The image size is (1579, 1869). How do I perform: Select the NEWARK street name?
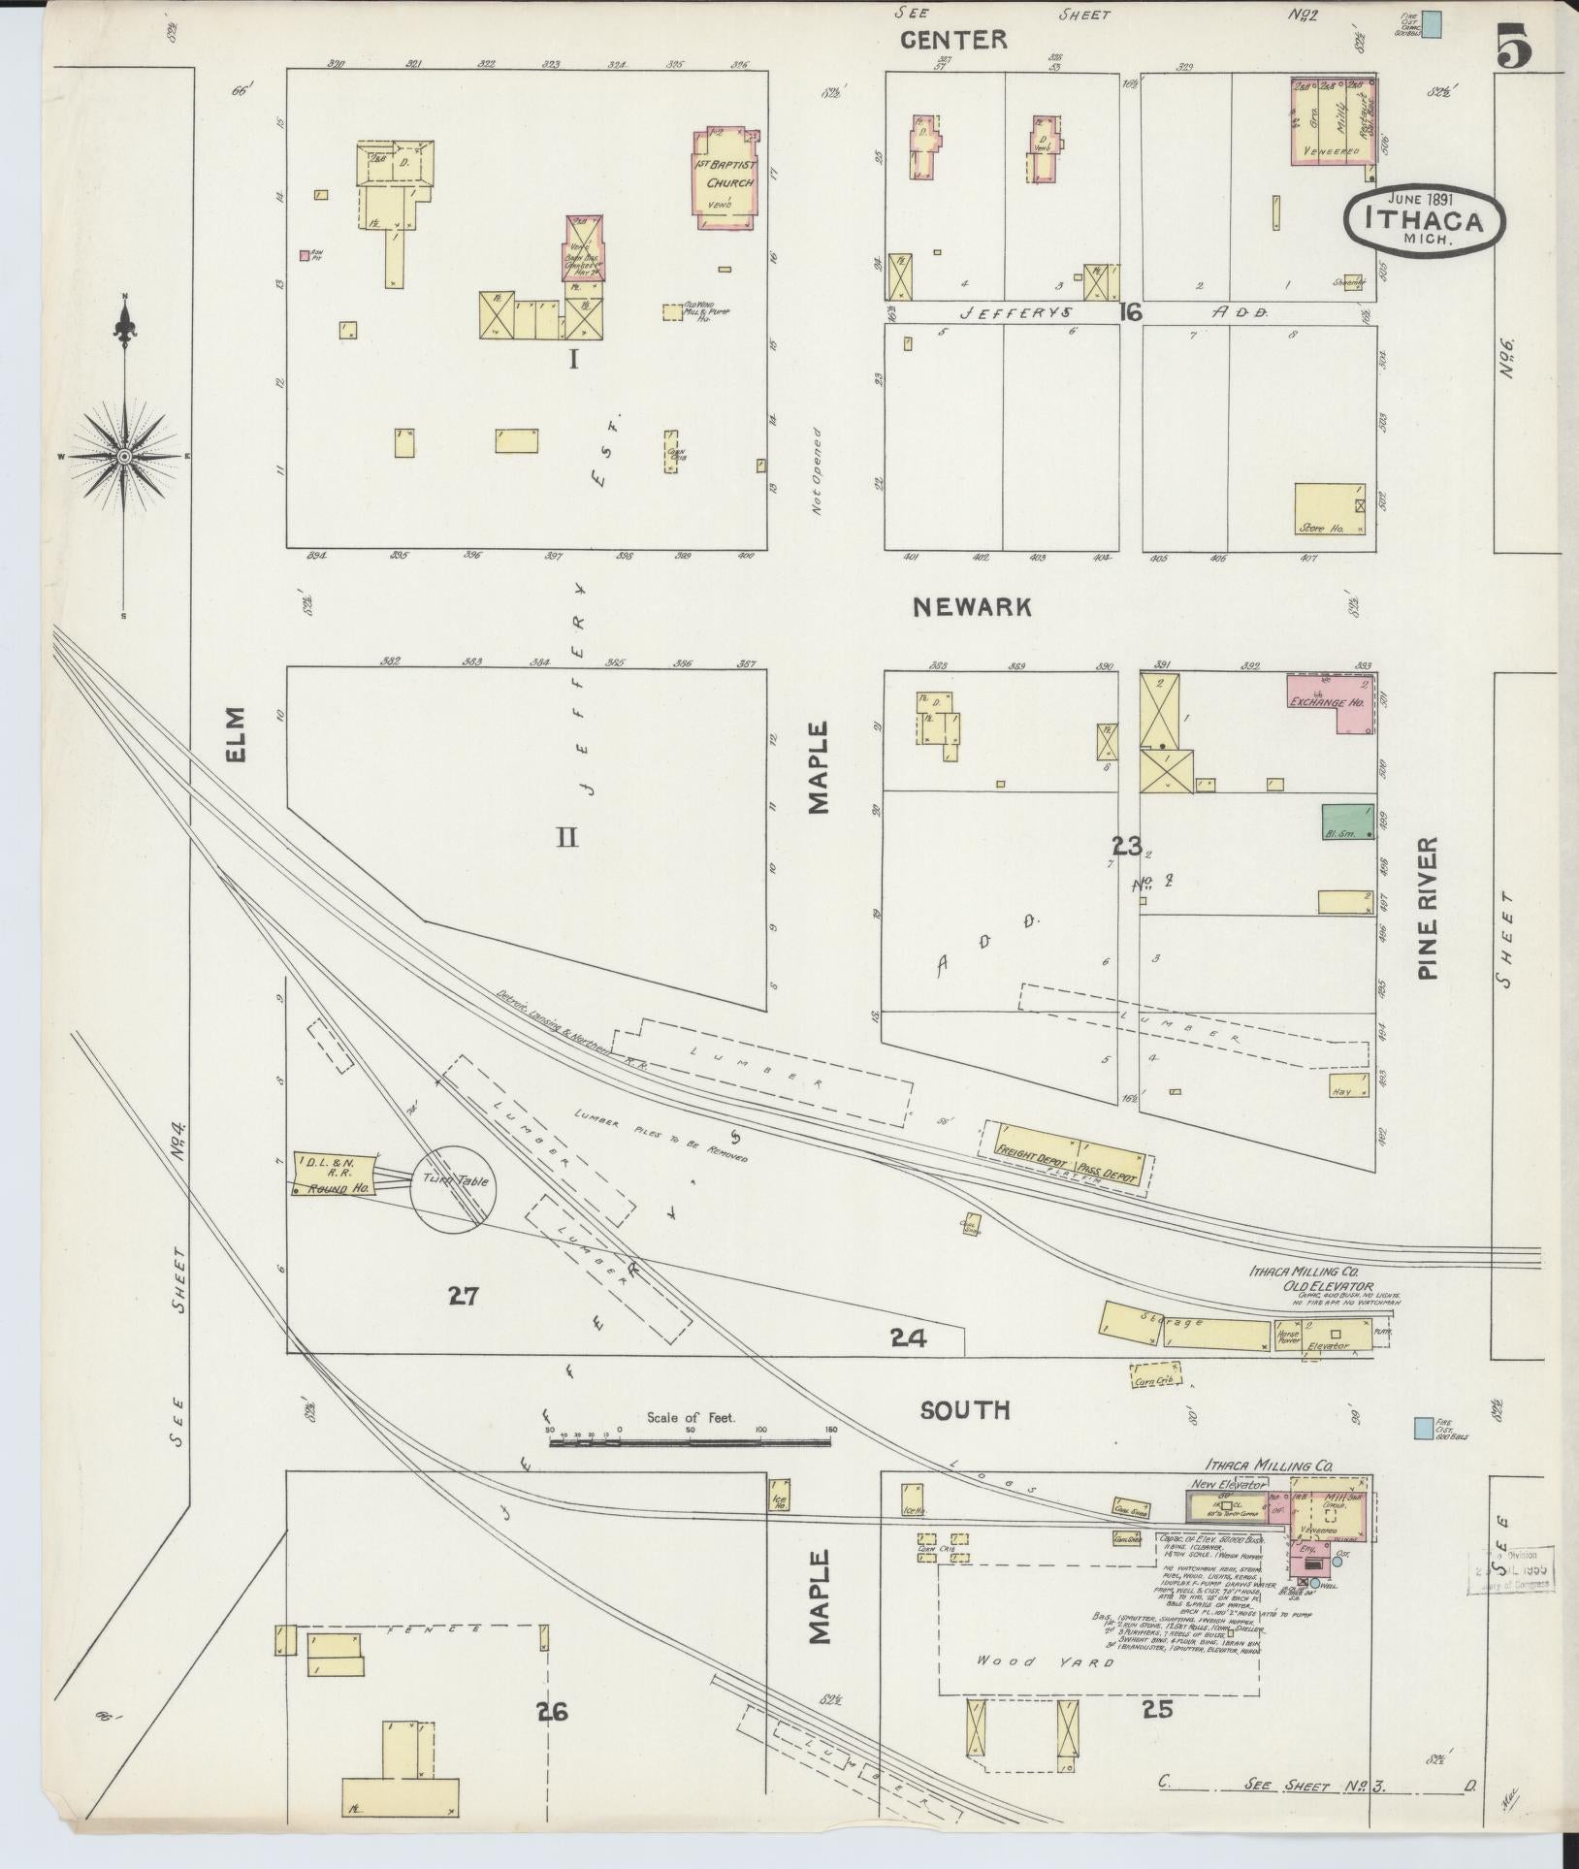point(972,607)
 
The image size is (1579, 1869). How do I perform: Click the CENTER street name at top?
point(953,40)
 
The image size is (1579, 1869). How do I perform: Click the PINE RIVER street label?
point(1426,909)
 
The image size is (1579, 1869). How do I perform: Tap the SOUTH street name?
point(965,1410)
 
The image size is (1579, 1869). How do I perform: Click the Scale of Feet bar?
point(690,1443)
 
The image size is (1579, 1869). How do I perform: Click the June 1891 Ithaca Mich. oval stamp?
point(1424,220)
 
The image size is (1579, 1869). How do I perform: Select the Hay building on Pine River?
point(1348,1085)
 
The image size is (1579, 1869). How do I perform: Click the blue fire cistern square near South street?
point(1424,1427)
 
